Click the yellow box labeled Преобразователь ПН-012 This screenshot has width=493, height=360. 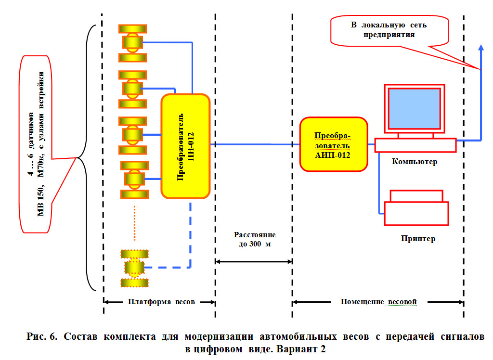click(186, 146)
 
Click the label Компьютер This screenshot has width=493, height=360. click(415, 162)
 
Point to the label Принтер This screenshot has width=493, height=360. click(417, 238)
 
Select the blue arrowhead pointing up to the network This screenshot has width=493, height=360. click(480, 46)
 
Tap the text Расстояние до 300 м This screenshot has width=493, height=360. click(255, 239)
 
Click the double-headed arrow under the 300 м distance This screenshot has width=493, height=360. click(254, 261)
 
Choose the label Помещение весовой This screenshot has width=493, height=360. click(378, 302)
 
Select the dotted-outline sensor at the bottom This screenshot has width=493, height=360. click(134, 268)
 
